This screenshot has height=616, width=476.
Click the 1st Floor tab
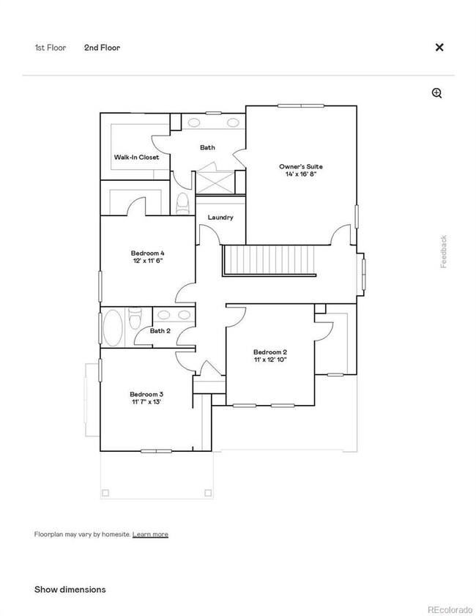[x=50, y=48]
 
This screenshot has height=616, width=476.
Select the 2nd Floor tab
[x=102, y=48]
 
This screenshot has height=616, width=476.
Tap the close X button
[x=439, y=48]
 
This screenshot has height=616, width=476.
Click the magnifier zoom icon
[x=437, y=93]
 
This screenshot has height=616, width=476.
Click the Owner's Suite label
[x=300, y=167]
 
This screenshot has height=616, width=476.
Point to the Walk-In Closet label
[x=136, y=157]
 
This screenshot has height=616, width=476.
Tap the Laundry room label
[x=220, y=218]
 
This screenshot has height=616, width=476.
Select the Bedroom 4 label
[x=147, y=253]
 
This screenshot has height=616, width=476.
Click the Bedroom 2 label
[x=269, y=352]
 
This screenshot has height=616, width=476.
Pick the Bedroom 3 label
[x=146, y=394]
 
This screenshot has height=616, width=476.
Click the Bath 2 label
[x=160, y=331]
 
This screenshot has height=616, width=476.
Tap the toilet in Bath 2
[x=135, y=319]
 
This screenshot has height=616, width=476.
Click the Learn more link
[x=150, y=535]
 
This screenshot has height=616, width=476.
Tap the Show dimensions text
[x=70, y=590]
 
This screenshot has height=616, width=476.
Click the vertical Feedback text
[x=443, y=251]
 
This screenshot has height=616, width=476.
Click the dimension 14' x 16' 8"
[x=300, y=176]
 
